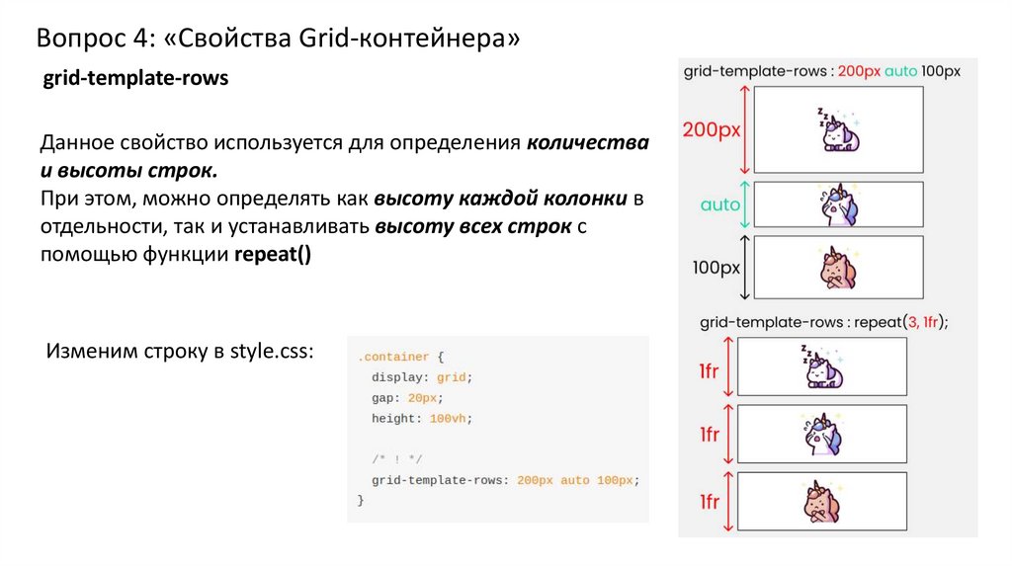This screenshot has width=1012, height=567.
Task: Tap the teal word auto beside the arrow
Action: [720, 205]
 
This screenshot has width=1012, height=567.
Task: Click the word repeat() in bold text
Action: [272, 255]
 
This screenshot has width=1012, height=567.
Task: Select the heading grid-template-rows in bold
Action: [134, 80]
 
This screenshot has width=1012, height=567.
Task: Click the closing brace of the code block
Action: [361, 501]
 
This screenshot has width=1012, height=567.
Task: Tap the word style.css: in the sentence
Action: [272, 351]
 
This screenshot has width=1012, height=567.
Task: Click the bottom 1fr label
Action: [709, 502]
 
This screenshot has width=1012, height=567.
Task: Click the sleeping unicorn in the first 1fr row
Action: [822, 366]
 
